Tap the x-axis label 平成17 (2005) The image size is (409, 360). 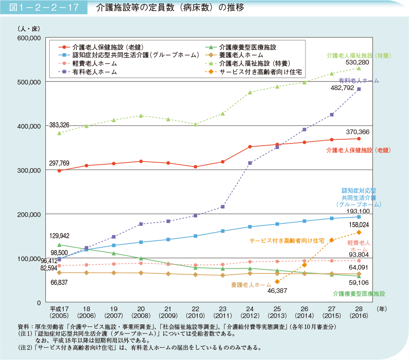[x=59, y=312]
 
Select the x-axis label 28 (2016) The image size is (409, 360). [x=359, y=312]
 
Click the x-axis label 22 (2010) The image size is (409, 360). [x=196, y=312]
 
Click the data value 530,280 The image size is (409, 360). [x=357, y=62]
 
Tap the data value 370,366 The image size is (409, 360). [x=357, y=132]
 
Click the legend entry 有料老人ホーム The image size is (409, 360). [x=94, y=72]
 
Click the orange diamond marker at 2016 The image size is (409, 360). [x=359, y=232]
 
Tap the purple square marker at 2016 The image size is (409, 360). [x=359, y=89]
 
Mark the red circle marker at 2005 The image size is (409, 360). [x=59, y=171]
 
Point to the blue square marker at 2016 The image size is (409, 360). [x=359, y=217]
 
